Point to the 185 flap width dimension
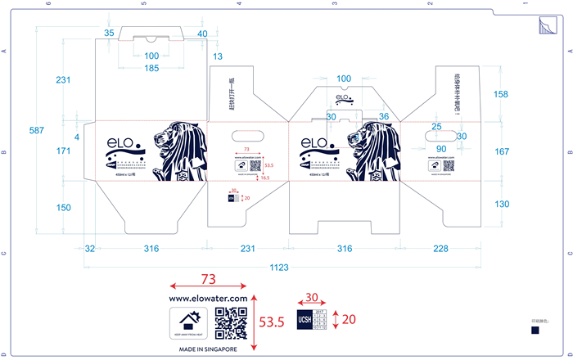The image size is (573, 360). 151,68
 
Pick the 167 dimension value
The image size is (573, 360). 503,151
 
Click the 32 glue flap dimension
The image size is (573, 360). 90,248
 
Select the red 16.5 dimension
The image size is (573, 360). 264,200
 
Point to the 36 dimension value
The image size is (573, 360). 384,117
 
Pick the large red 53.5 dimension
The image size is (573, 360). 271,322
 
